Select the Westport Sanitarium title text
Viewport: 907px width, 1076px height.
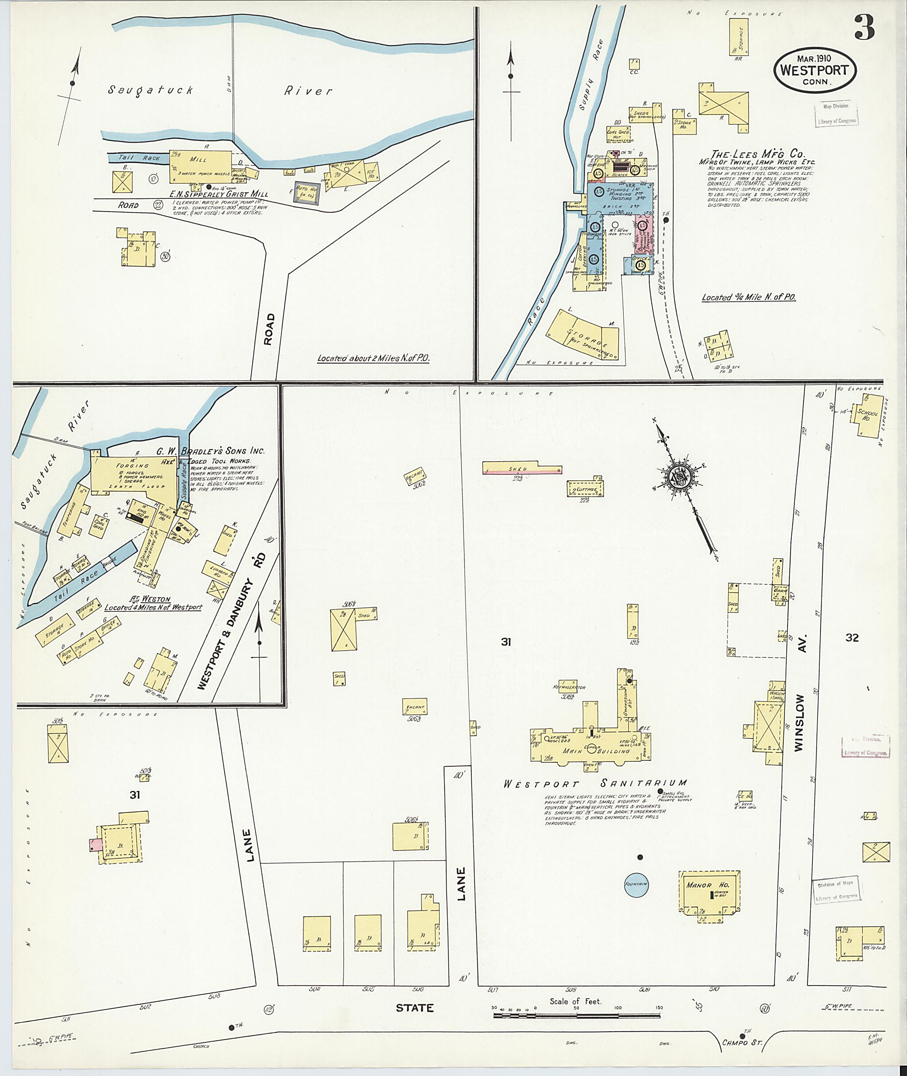coord(595,798)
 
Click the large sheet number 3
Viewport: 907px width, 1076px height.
coord(865,29)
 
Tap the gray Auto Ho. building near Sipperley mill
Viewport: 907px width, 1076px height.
coord(307,193)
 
